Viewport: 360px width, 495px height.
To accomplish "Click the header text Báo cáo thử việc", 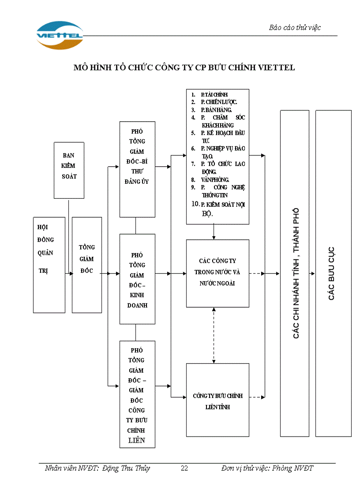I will [x=295, y=27].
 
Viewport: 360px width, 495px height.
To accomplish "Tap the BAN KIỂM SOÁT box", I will [x=69, y=166].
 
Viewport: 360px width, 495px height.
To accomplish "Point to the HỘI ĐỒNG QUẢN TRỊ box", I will [x=49, y=264].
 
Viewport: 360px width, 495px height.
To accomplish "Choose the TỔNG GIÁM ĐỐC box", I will [x=87, y=264].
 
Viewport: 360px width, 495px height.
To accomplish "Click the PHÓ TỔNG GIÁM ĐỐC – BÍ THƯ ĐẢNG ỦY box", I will [x=137, y=169].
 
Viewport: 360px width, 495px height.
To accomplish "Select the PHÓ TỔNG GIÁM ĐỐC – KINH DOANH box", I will [x=137, y=279].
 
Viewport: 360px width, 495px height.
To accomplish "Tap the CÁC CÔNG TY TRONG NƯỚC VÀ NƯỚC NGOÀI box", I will [x=217, y=273].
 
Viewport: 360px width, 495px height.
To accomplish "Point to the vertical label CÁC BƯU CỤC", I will [x=331, y=273].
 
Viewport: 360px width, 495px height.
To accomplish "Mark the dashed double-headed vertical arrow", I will [x=214, y=335].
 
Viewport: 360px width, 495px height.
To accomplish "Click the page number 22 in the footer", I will [x=184, y=468].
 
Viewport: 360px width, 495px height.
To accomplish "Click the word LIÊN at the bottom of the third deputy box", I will [x=137, y=440].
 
